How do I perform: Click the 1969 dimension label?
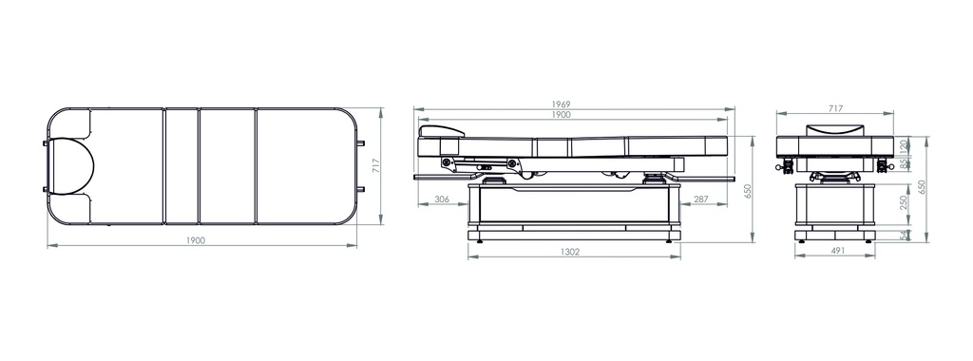tap(561, 104)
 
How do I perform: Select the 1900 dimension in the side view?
tap(561, 115)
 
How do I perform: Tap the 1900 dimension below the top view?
tap(196, 240)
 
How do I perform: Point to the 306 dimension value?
tap(442, 199)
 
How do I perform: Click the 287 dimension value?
tap(700, 199)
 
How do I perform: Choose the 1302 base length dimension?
tap(570, 252)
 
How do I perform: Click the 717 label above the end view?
tap(836, 108)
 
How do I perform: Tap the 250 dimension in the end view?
tap(904, 202)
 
